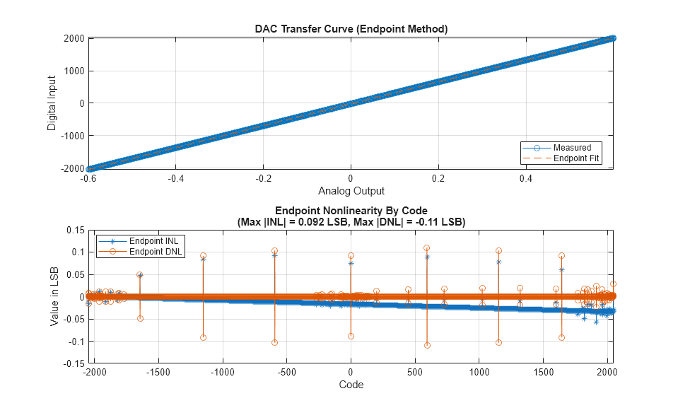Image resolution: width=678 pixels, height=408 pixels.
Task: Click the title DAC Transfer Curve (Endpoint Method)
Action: (351, 29)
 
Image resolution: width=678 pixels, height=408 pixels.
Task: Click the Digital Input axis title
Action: (52, 103)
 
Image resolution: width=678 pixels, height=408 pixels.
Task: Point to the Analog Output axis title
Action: (351, 191)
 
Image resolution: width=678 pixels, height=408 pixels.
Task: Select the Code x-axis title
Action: (351, 385)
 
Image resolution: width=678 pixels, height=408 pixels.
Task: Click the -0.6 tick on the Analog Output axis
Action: (88, 179)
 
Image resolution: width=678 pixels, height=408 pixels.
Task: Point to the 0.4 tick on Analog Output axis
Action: (526, 179)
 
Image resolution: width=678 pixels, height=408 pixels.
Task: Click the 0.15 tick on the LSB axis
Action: (74, 230)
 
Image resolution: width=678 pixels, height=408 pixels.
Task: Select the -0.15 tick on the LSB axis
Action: (72, 363)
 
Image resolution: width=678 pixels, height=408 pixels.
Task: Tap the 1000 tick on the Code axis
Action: (479, 372)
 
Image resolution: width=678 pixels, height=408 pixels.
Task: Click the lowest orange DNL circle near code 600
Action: (427, 345)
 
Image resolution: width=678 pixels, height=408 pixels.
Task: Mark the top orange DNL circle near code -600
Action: (274, 251)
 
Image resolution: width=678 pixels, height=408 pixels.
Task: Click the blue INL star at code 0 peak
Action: (351, 263)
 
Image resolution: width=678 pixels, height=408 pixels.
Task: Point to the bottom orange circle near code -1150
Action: (203, 337)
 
